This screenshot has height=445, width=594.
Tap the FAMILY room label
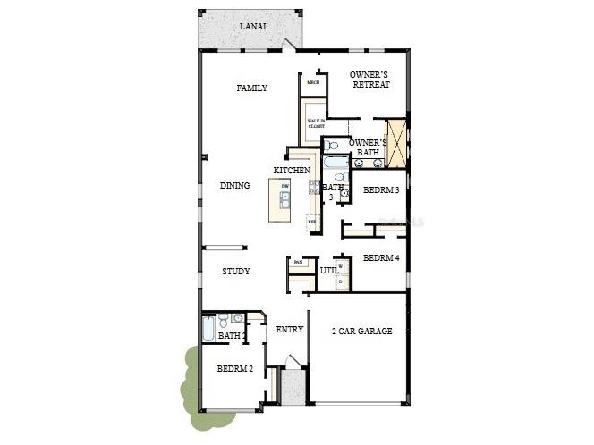252,88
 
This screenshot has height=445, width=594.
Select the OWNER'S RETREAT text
369,79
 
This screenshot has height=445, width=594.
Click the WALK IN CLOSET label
316,124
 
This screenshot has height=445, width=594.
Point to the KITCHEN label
292,170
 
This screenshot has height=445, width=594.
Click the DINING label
235,186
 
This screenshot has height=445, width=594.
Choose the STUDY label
236,271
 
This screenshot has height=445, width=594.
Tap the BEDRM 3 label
381,190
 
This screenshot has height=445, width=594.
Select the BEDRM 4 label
381,258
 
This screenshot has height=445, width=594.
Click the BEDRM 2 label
234,368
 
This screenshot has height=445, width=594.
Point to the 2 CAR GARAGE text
362,331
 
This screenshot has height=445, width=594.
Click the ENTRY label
290,330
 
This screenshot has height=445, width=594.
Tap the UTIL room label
328,270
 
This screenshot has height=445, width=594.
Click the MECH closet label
313,83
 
